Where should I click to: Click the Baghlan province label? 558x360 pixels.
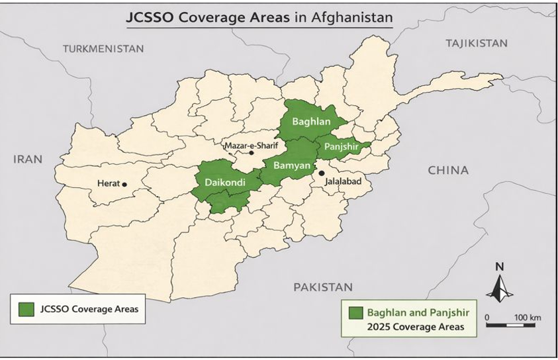(311, 122)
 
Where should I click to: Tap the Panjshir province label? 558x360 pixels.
(342, 147)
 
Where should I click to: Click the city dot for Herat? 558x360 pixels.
(124, 184)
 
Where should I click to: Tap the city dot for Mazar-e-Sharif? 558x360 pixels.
(251, 153)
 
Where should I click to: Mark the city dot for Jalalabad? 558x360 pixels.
(322, 172)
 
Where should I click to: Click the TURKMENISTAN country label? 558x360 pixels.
(103, 48)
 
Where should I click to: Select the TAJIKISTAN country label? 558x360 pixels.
(477, 43)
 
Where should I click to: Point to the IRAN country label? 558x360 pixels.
(28, 159)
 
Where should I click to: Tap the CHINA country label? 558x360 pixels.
(448, 170)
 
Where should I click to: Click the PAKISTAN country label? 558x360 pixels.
(323, 287)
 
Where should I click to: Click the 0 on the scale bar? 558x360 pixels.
(487, 318)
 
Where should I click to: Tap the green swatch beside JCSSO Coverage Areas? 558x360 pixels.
(26, 309)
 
